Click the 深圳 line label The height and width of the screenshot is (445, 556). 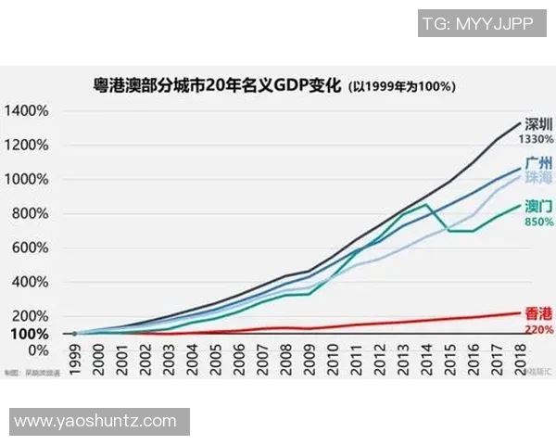539,124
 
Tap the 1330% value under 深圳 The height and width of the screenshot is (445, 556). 537,139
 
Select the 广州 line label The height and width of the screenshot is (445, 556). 539,162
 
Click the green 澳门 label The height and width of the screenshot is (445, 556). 539,206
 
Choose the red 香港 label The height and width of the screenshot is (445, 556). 539,314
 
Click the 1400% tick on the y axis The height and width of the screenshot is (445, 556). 28,111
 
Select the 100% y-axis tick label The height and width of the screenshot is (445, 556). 31,334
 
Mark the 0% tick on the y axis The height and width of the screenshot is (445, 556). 38,350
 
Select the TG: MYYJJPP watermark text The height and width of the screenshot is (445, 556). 477,24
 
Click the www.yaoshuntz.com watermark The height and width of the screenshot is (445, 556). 95,422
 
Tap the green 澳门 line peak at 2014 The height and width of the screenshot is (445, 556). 425,204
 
